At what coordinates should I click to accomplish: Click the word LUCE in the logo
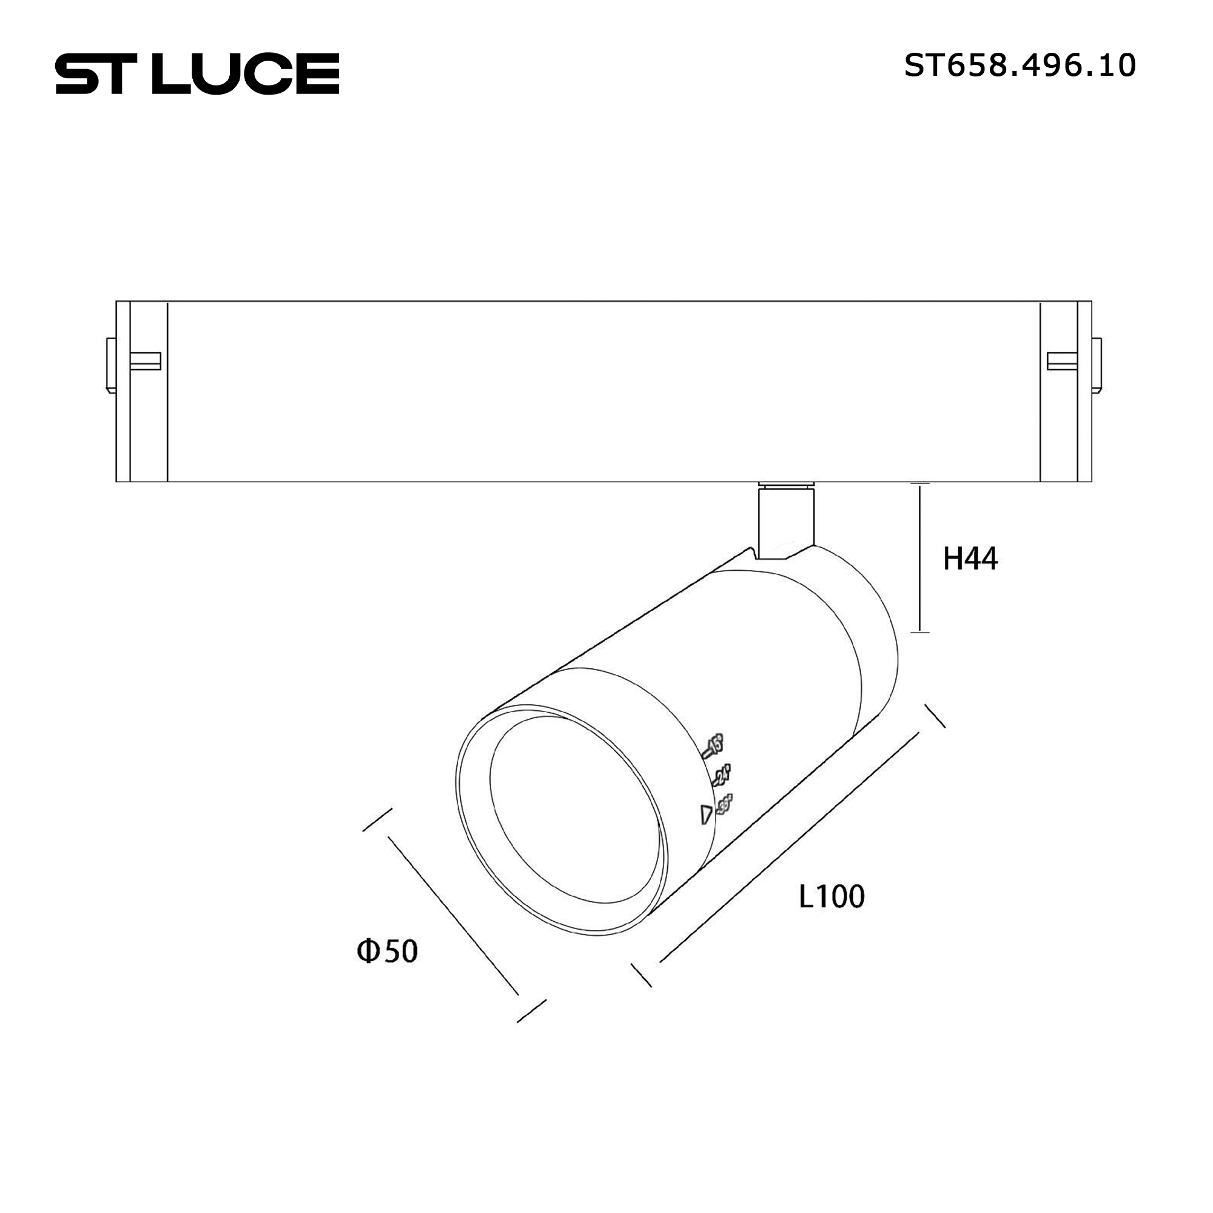[245, 74]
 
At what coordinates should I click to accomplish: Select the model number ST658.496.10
[1020, 66]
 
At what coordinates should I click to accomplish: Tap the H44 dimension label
[970, 558]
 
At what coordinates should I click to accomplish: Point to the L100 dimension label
[832, 896]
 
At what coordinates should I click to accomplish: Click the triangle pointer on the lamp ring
[707, 815]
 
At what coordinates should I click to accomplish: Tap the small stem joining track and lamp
[786, 520]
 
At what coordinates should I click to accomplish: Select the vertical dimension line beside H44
[920, 557]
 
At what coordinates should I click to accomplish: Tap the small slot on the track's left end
[145, 361]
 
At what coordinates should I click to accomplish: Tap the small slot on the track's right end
[1062, 361]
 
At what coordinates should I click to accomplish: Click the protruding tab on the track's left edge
[111, 365]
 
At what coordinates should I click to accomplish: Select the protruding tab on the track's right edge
[1097, 365]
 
